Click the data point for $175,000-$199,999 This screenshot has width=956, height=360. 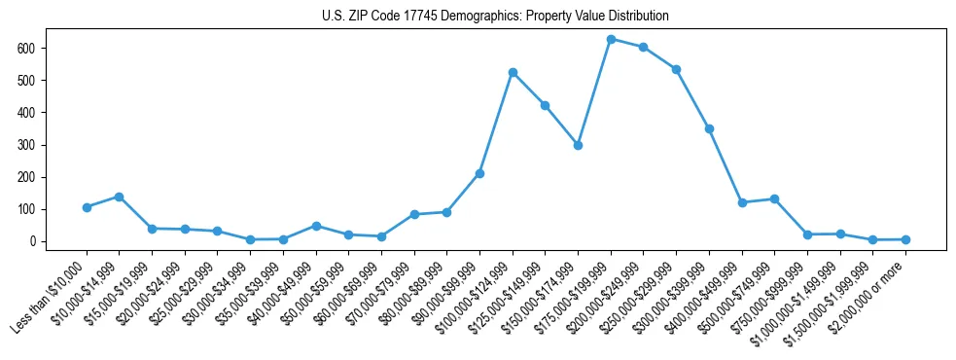(611, 39)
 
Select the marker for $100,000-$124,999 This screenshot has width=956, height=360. (513, 72)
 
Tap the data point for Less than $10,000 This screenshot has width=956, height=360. (87, 207)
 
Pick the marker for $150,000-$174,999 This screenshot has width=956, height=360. (578, 145)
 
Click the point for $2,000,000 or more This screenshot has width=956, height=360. (905, 239)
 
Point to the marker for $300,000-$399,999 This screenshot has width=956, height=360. (709, 128)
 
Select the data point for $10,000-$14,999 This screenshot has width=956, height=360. (119, 197)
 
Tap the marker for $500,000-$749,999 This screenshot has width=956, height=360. (774, 198)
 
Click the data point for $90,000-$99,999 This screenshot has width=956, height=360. (479, 173)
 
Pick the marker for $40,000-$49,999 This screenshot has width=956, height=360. (316, 226)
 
